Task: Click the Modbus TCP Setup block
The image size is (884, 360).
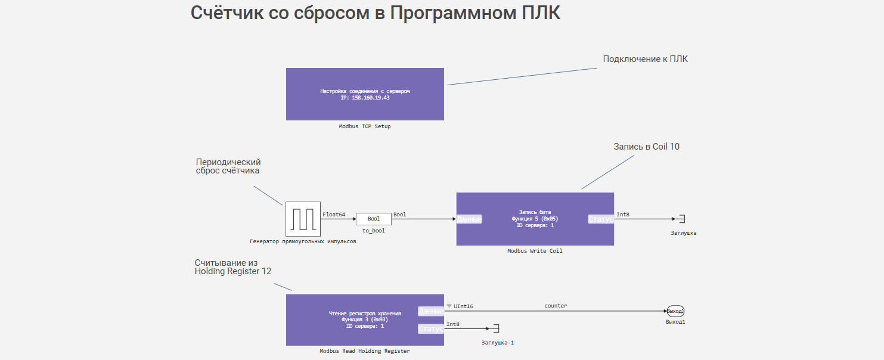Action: point(365,94)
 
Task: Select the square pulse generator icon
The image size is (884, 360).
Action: point(303,219)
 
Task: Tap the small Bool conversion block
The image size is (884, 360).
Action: point(374,219)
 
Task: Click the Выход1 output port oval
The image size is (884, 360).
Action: point(675,311)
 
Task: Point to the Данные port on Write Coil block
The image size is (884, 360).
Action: point(469,219)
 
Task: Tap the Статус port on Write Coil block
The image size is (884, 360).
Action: point(601,219)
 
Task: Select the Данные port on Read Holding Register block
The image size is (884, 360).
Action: point(431,311)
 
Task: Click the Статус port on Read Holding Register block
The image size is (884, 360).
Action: point(431,329)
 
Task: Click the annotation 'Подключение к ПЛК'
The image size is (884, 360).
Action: point(645,59)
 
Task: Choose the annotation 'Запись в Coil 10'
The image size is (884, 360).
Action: point(646,147)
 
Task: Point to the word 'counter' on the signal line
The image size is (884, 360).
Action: point(556,306)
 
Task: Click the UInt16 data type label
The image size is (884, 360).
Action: point(463,306)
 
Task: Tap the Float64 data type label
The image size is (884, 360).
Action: point(334,215)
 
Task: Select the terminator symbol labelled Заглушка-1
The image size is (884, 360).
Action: point(495,329)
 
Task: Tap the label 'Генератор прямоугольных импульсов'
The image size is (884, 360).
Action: point(303,241)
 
